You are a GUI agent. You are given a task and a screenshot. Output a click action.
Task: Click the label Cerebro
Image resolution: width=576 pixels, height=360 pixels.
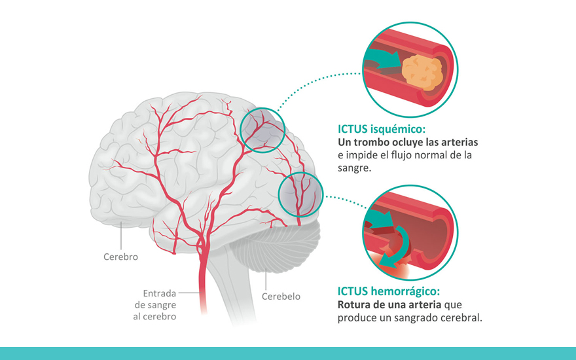pyautogui.click(x=120, y=257)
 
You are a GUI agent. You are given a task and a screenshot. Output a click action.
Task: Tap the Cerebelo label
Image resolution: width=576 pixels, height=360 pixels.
pyautogui.click(x=281, y=296)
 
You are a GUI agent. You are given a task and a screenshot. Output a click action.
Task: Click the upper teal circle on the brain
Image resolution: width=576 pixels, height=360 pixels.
pyautogui.click(x=262, y=130)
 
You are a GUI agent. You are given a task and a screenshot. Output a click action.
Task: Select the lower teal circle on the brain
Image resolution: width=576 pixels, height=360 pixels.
pyautogui.click(x=300, y=195)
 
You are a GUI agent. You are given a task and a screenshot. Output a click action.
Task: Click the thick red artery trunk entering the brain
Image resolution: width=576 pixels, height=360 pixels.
pyautogui.click(x=205, y=288)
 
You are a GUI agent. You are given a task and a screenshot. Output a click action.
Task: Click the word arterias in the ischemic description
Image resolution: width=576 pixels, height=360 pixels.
pyautogui.click(x=456, y=142)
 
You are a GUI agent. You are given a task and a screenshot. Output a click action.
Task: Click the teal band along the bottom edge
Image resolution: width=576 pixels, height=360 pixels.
pyautogui.click(x=288, y=353)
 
